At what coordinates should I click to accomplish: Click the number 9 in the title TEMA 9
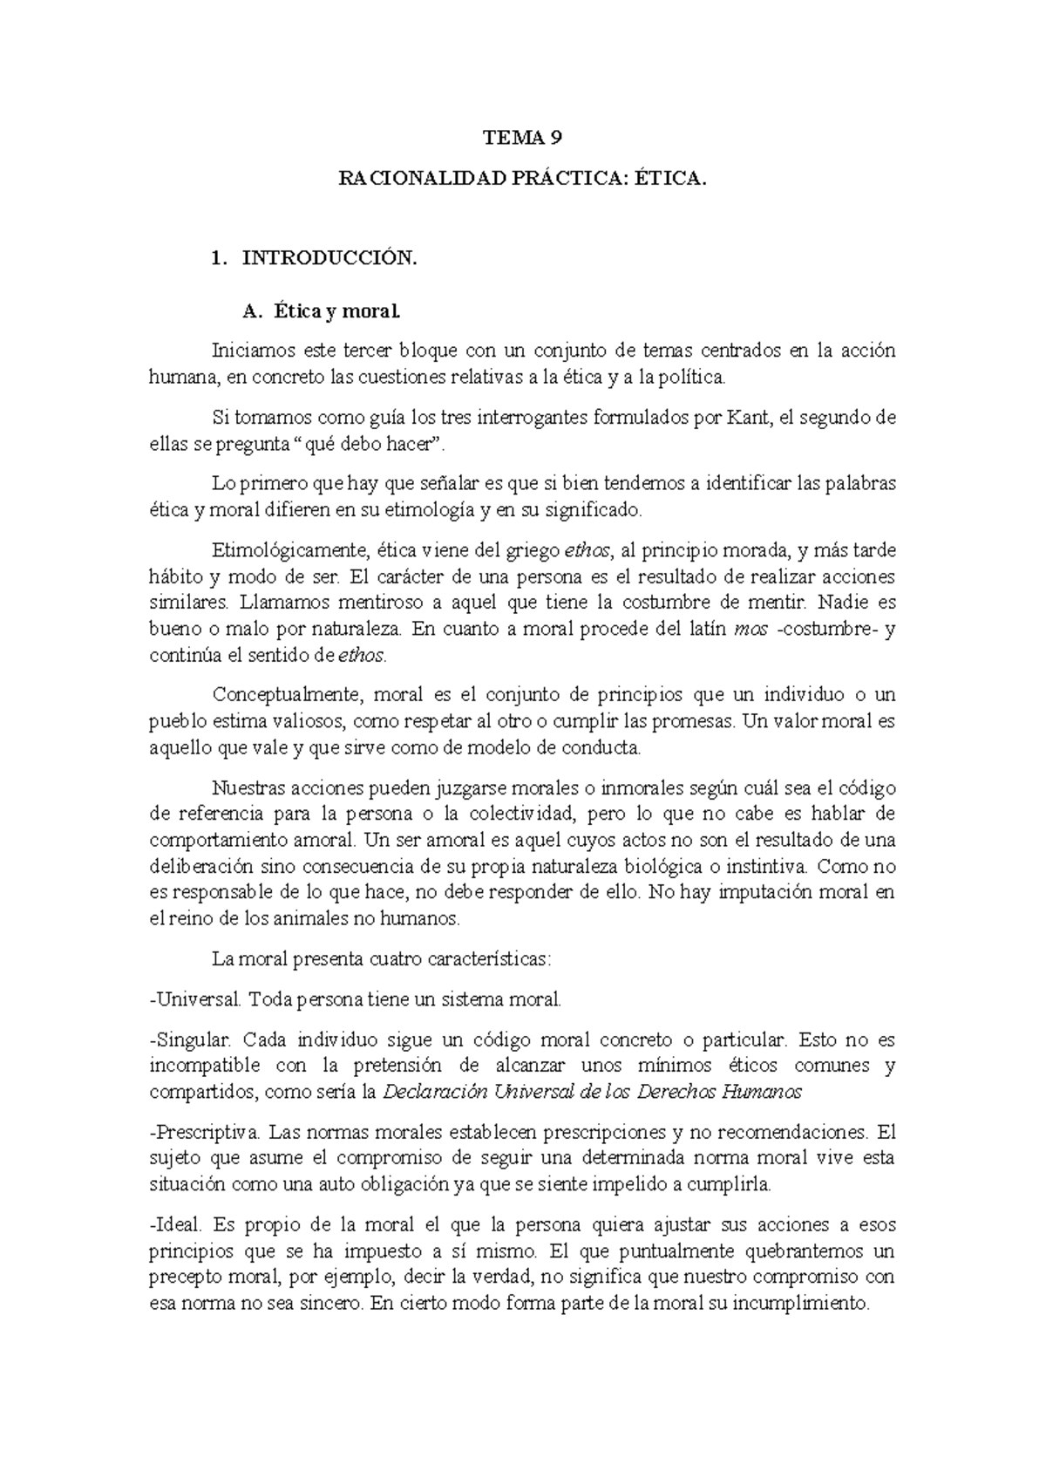tap(555, 138)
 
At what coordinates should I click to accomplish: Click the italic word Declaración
tap(435, 1092)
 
